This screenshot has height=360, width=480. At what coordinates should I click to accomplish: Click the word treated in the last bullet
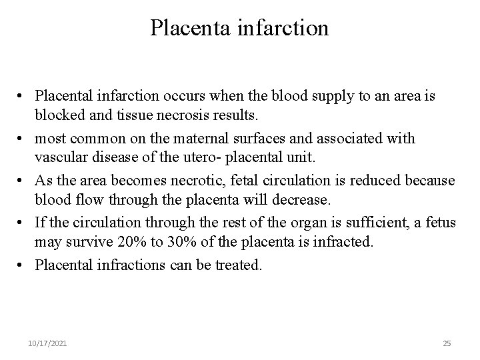241,264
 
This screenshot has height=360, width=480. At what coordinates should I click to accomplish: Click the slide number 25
447,343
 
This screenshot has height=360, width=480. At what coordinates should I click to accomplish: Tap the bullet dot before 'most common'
22,139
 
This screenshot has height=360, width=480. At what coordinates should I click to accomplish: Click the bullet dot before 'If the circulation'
22,223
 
